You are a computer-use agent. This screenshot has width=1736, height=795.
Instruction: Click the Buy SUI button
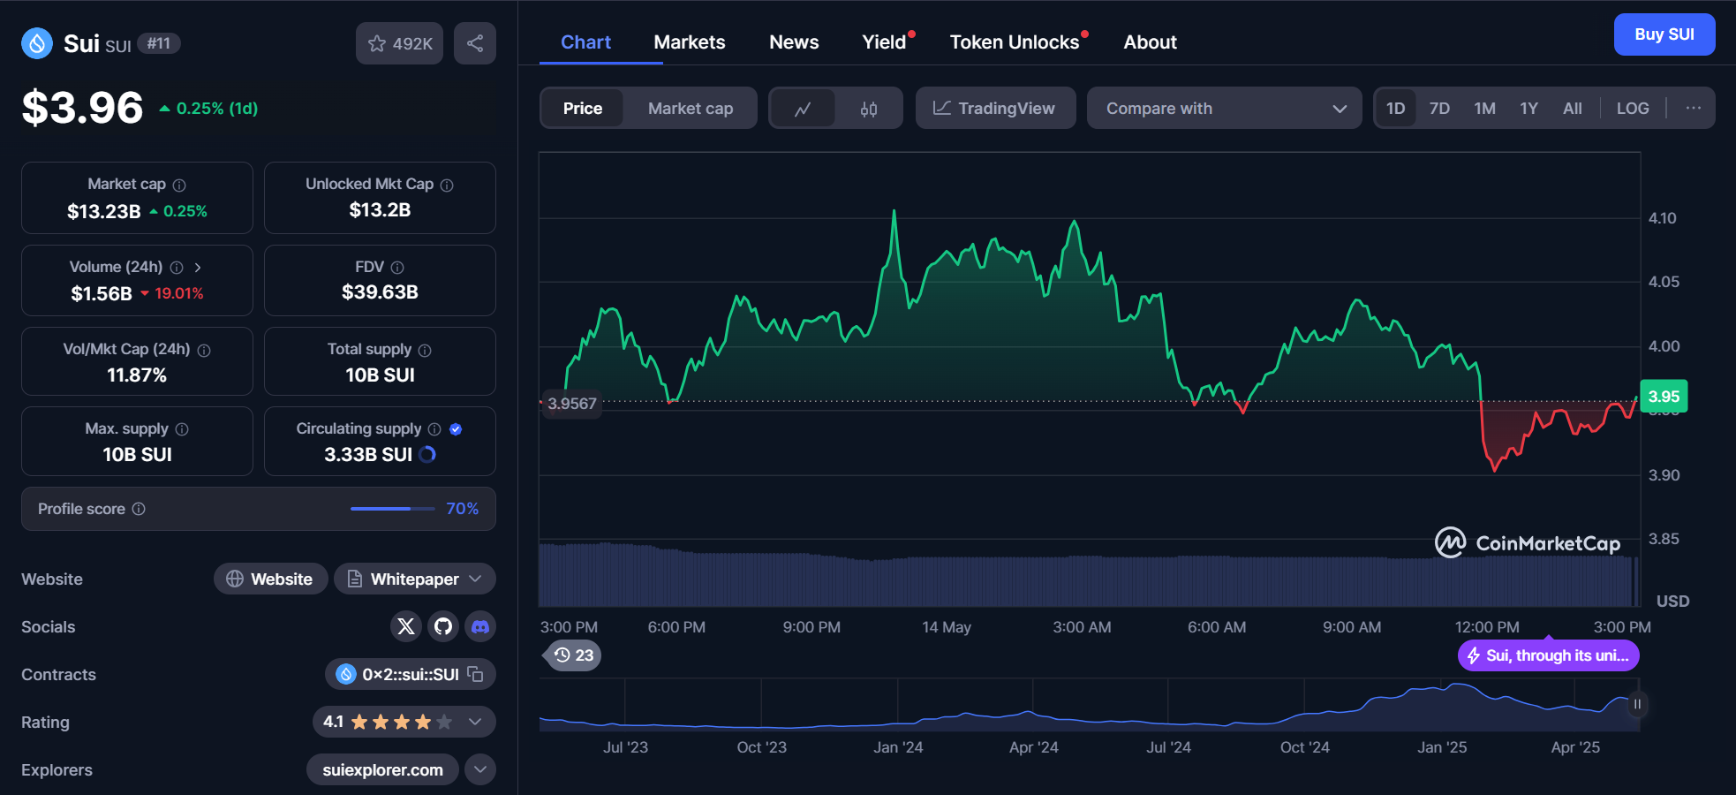point(1664,34)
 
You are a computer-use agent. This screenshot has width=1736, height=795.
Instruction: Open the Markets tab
point(689,42)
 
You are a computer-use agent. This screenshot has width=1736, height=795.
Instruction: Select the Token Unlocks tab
point(1014,42)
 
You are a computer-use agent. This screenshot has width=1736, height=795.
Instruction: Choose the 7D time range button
point(1439,109)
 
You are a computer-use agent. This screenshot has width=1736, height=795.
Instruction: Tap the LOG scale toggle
point(1632,109)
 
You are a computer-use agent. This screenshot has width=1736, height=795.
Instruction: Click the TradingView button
point(995,109)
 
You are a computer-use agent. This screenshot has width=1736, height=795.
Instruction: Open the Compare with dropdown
point(1224,109)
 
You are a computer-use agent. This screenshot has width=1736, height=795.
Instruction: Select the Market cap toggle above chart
point(690,109)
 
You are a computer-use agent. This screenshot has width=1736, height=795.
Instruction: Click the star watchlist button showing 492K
point(400,43)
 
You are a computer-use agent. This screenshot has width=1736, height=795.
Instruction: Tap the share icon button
point(475,43)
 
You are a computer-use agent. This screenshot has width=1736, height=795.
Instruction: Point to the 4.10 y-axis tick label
point(1662,218)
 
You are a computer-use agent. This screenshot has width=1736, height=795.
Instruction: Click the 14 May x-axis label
point(946,627)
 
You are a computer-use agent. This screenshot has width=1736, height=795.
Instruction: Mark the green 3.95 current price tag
point(1664,397)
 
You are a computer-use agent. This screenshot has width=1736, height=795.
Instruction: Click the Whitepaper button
point(415,579)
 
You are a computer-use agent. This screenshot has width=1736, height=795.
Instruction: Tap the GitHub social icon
point(443,626)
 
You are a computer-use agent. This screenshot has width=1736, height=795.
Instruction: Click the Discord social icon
point(480,626)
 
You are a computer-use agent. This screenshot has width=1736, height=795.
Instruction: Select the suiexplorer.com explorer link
point(382,769)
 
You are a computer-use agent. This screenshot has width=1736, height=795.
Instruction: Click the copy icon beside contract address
point(476,674)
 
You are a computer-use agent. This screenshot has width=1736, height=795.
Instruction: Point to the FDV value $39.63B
point(380,292)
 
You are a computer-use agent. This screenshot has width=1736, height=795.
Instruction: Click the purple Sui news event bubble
point(1548,655)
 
